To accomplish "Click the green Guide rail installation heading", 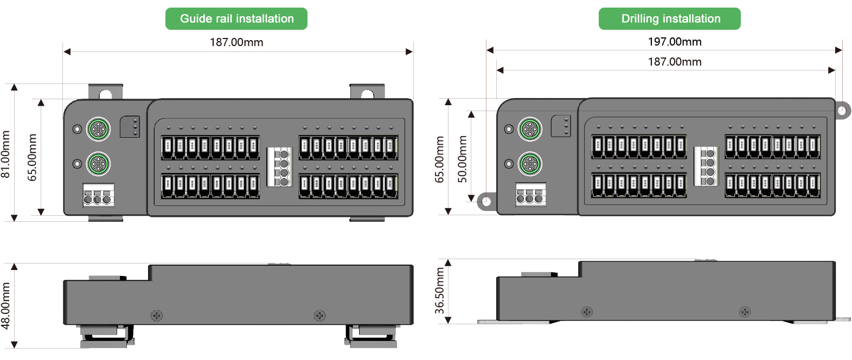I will (x=236, y=19).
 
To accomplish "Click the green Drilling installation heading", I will (x=670, y=19).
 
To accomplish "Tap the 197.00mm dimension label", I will (x=675, y=42).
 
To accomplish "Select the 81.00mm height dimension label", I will (x=6, y=154).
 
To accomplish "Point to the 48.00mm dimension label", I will (x=6, y=305).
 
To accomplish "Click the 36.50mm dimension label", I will (x=439, y=291).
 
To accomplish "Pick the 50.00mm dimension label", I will (x=462, y=159).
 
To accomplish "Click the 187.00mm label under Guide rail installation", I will (x=236, y=42).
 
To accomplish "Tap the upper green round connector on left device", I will (x=98, y=129).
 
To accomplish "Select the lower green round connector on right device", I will (x=530, y=164).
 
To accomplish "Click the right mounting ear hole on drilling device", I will (x=841, y=111).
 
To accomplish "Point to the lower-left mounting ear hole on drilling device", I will (x=485, y=202).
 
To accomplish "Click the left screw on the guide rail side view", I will (x=157, y=316).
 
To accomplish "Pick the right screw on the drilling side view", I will (x=745, y=312).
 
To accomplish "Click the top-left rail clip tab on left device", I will (x=105, y=93).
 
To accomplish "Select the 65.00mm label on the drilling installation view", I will (x=439, y=159).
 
